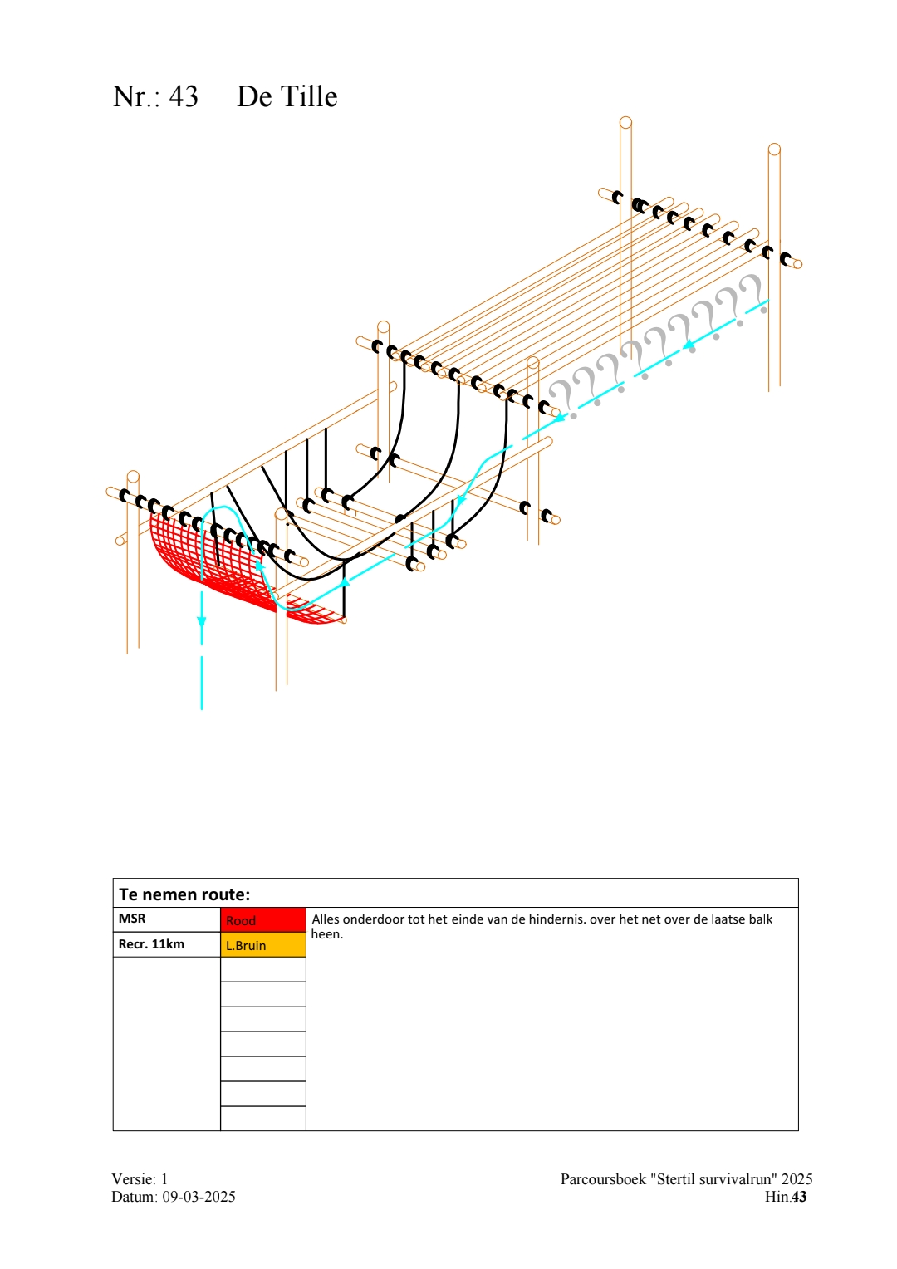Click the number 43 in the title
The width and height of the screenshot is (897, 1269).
point(184,96)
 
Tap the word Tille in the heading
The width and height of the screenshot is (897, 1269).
point(310,96)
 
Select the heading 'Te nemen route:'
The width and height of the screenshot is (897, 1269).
point(184,894)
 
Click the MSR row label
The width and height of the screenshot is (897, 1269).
point(132,919)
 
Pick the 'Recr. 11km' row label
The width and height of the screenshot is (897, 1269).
point(151,944)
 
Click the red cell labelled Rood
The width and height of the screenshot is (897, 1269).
point(262,920)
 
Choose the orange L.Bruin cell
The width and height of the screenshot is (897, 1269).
point(262,945)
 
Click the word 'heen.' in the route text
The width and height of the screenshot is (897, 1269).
point(326,934)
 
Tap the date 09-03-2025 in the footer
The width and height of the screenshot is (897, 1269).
point(199,1197)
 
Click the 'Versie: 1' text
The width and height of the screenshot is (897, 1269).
point(140,1179)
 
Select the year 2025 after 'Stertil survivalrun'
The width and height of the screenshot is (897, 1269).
point(797,1179)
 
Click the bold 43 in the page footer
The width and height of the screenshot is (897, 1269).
point(799,1197)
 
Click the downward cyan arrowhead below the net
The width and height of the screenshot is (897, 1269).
point(202,621)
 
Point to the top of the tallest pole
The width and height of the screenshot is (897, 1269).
point(625,123)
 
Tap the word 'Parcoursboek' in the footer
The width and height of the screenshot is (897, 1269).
point(603,1179)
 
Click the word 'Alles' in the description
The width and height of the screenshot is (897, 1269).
point(326,919)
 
